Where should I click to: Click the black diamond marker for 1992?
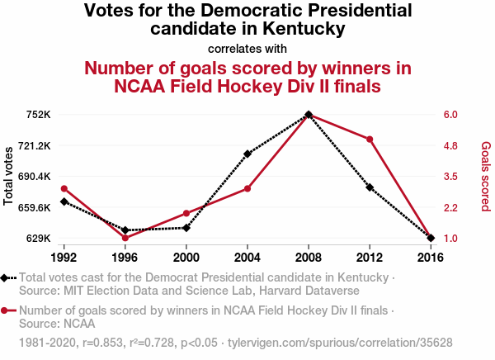coord(64,201)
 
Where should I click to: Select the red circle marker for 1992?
coord(64,189)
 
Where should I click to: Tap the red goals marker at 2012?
coord(370,139)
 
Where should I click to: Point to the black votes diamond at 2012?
coord(370,187)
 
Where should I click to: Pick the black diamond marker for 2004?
coord(247,154)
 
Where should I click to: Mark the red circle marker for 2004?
coord(247,189)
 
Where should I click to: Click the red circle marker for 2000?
coord(186,213)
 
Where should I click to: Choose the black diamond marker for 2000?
coord(186,228)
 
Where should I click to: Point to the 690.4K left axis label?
coord(34,177)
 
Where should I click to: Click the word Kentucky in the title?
coord(301,29)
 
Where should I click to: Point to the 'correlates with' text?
coord(247,48)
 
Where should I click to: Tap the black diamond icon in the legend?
coord(7,278)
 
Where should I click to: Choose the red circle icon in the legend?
coord(7,311)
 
